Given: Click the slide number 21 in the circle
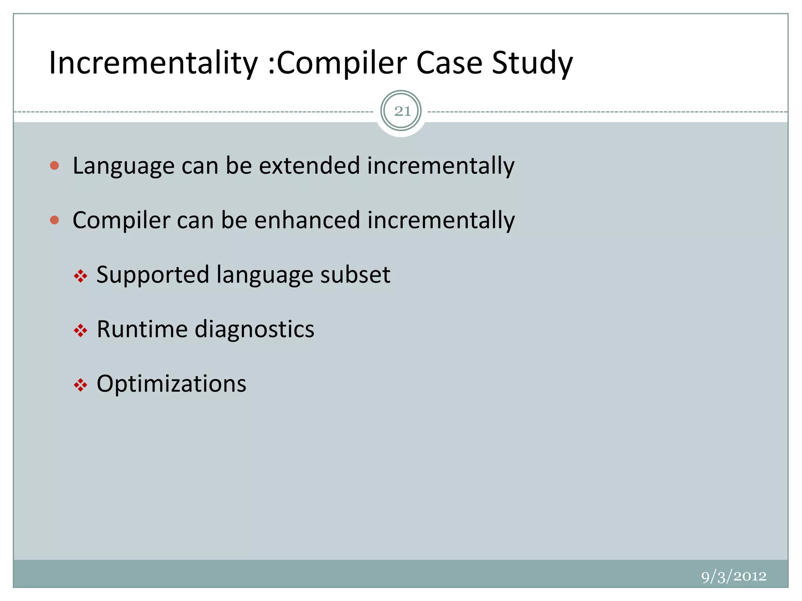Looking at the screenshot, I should [402, 112].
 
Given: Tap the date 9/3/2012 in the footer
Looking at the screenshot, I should [733, 576].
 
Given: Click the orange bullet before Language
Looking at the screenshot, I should [55, 166].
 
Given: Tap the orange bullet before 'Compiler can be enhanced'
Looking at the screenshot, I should [55, 220].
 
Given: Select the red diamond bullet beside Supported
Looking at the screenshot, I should [80, 276].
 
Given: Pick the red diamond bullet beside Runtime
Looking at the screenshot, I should [80, 331].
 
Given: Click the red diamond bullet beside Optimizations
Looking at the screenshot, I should [80, 385].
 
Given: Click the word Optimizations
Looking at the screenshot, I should [172, 384].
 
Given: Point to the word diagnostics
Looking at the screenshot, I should [255, 329].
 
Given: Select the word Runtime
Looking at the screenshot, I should [142, 329].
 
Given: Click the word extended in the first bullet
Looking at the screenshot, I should [309, 166].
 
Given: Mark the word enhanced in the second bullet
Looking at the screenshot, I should [307, 220].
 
